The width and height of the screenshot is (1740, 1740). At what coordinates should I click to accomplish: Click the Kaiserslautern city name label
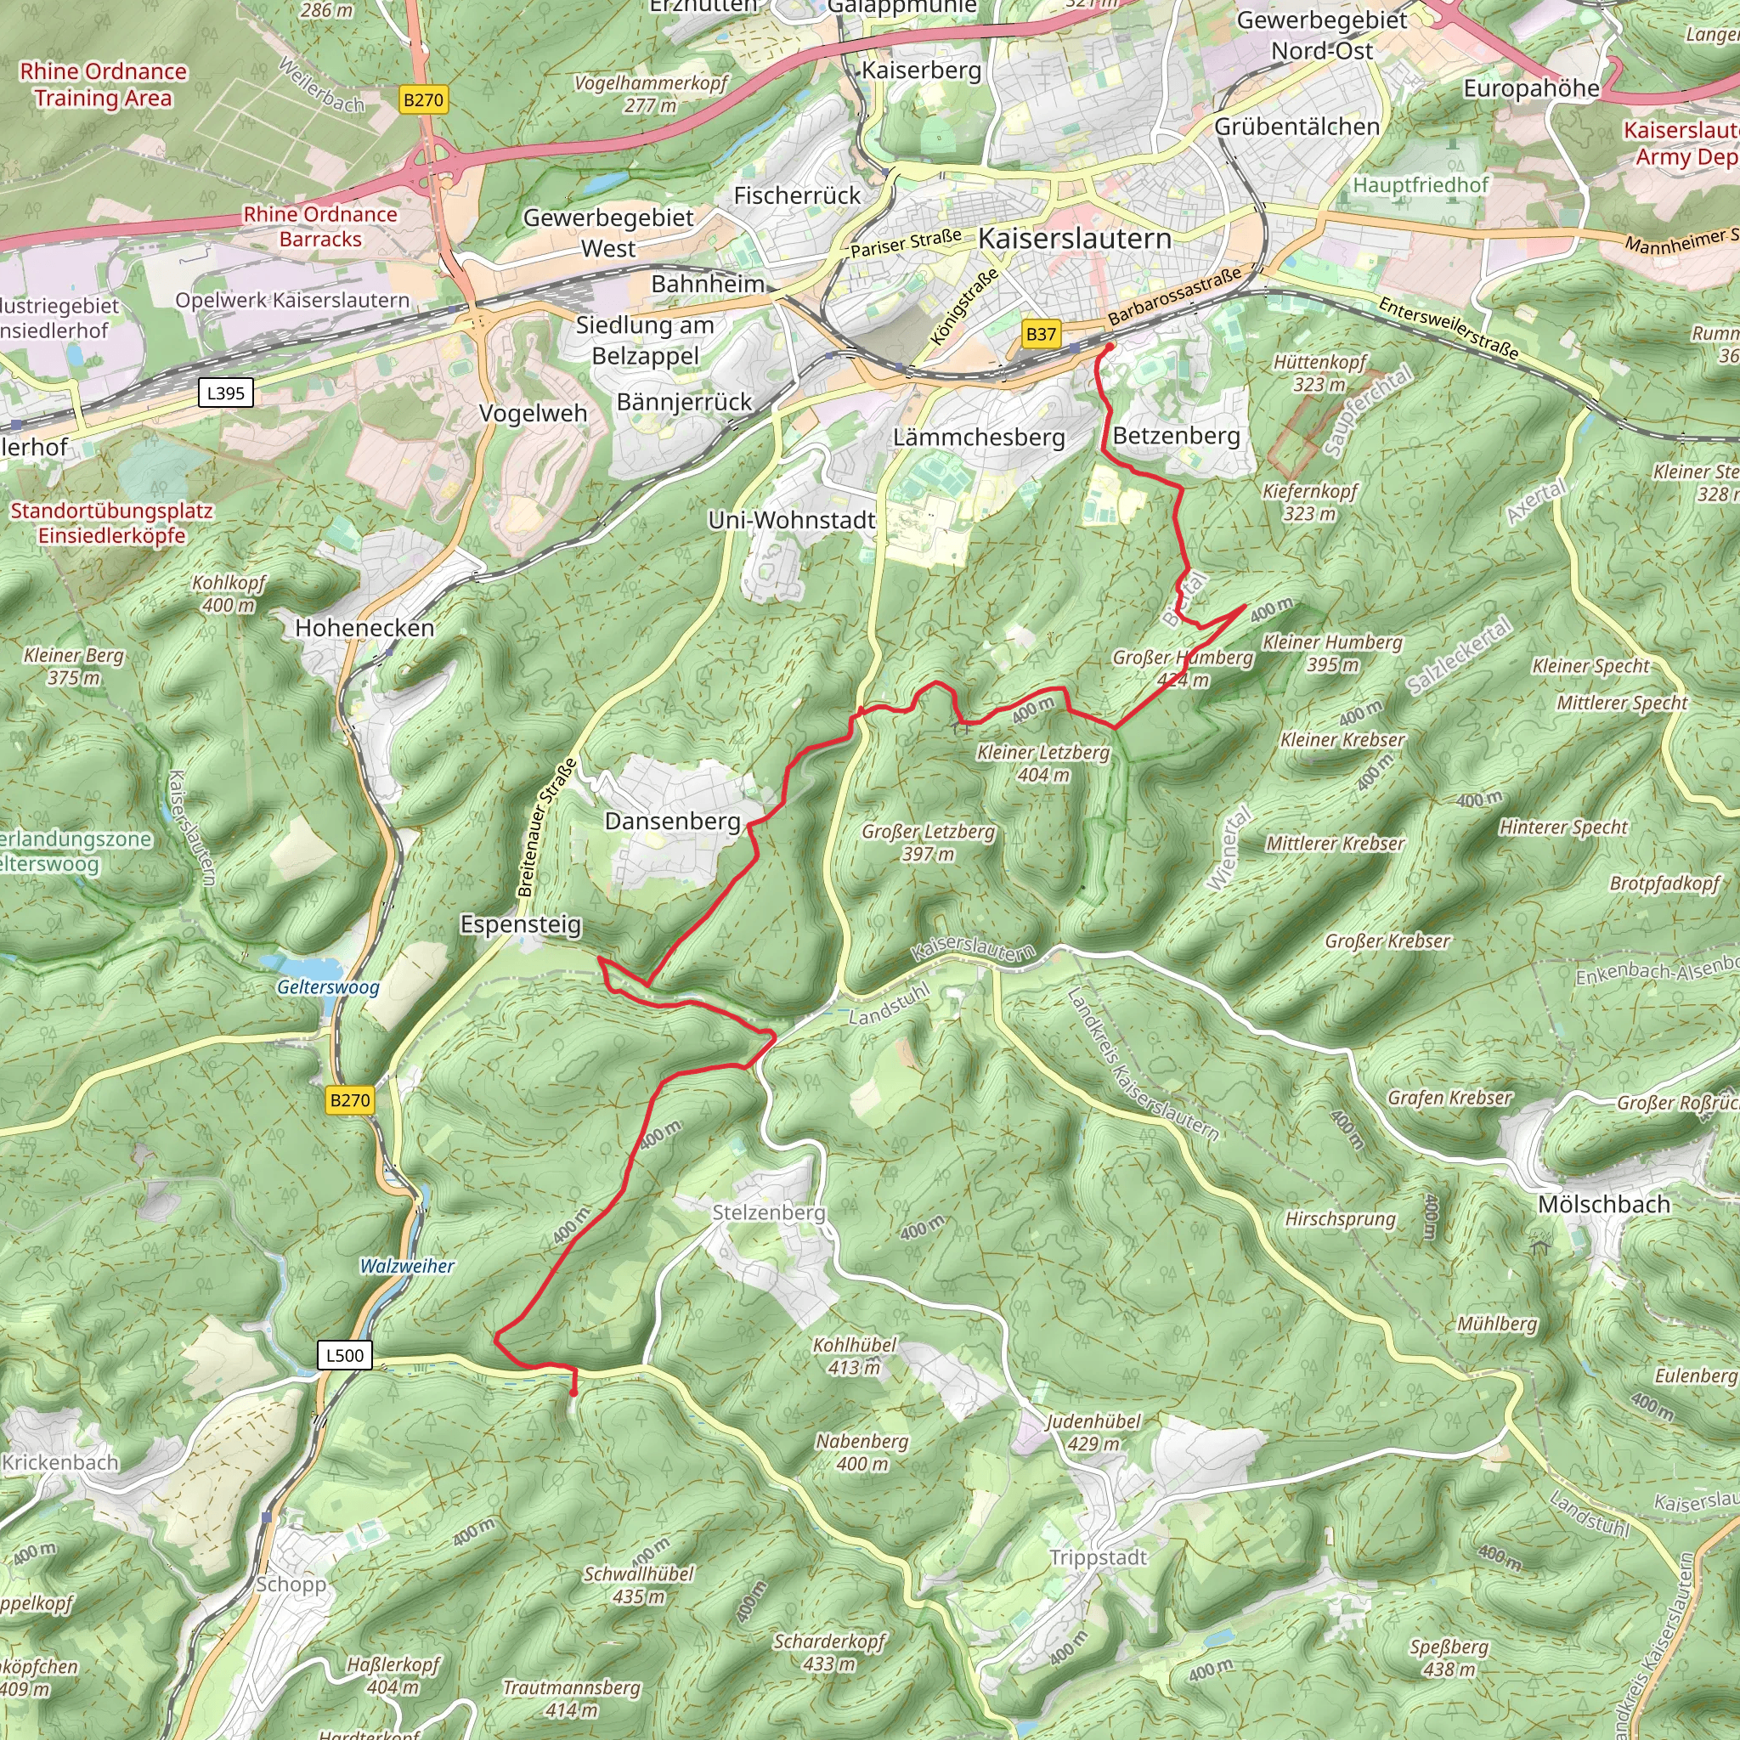1075,239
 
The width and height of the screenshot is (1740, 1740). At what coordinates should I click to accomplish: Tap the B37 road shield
1041,334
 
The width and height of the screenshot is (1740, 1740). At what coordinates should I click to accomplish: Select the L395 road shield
225,393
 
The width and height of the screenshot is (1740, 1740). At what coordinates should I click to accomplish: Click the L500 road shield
344,1355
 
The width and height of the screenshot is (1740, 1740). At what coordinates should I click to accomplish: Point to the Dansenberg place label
672,822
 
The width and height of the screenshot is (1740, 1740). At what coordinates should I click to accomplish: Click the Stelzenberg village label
768,1212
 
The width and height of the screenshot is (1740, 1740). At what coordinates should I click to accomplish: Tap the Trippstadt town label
1098,1558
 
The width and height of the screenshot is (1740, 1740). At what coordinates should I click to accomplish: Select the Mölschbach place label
1603,1204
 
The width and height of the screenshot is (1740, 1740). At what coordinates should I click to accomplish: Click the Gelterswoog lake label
328,987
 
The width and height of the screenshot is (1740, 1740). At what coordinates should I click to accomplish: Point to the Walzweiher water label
407,1266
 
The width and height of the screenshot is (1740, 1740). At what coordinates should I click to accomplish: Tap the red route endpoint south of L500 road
573,1393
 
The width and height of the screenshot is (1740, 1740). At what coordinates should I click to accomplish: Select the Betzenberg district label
1176,436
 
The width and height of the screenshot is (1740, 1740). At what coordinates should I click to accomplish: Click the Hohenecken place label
364,628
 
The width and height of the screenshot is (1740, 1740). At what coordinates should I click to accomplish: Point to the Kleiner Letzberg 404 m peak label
1043,763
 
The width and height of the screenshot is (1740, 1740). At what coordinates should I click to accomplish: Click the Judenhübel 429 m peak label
1093,1432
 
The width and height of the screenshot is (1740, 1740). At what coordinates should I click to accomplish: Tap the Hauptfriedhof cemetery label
1421,185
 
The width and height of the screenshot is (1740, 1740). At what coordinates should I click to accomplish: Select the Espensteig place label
521,924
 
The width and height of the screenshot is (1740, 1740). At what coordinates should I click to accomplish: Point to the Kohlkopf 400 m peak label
229,594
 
